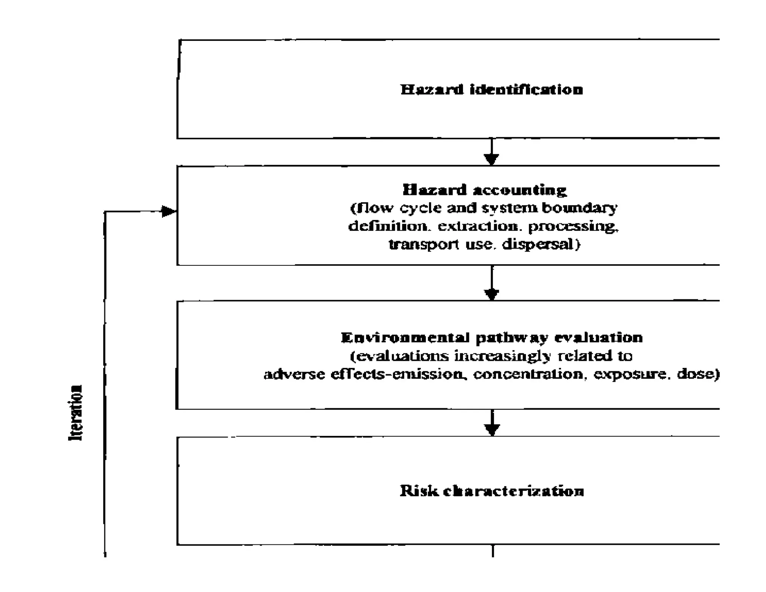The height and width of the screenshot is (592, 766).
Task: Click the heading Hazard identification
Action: click(491, 90)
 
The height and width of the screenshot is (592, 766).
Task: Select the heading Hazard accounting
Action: click(484, 190)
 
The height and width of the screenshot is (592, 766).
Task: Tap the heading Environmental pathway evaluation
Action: click(491, 338)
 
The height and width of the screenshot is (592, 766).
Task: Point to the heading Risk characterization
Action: click(491, 491)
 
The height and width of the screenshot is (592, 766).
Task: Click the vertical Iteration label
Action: click(76, 412)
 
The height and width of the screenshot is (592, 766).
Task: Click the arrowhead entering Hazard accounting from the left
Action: click(168, 211)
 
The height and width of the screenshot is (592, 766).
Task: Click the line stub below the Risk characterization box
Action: click(493, 551)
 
